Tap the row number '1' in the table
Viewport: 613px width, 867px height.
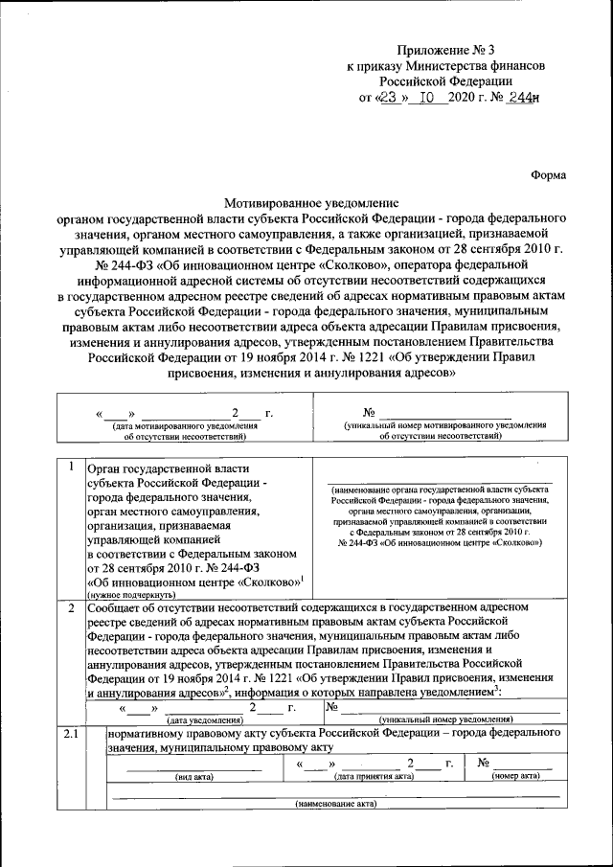[71, 467]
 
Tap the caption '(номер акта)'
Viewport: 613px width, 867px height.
[517, 777]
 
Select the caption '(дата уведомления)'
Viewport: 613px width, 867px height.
[203, 719]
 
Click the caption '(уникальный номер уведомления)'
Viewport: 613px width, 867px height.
[445, 719]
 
